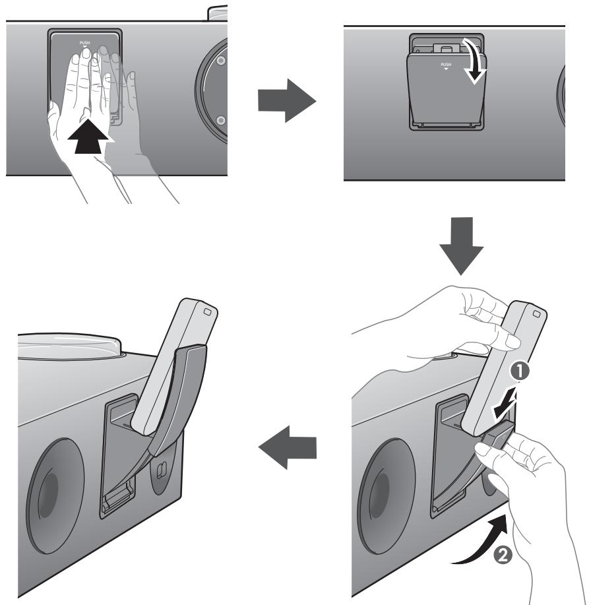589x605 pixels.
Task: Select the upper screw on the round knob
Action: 220,59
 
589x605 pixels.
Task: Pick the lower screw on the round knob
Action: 220,119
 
